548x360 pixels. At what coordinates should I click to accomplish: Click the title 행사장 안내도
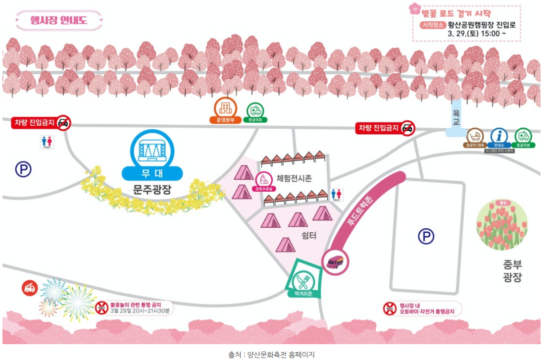click(x=58, y=20)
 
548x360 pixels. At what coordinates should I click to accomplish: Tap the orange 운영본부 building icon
click(x=224, y=107)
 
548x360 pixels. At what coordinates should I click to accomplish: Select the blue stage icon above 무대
click(x=152, y=149)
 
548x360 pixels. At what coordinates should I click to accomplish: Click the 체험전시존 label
click(x=294, y=178)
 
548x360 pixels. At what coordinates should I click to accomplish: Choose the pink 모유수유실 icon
click(x=264, y=180)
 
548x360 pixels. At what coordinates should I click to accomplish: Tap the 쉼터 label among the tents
click(x=308, y=235)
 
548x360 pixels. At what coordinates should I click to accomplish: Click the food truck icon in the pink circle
click(x=336, y=260)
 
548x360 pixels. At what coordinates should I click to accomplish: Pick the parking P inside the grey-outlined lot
click(x=426, y=236)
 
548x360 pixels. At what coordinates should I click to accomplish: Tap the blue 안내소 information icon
click(x=499, y=136)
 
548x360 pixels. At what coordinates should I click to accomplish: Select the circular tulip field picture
click(x=501, y=225)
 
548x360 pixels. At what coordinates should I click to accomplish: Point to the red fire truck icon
click(x=30, y=288)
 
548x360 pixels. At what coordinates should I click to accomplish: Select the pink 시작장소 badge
click(x=432, y=24)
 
